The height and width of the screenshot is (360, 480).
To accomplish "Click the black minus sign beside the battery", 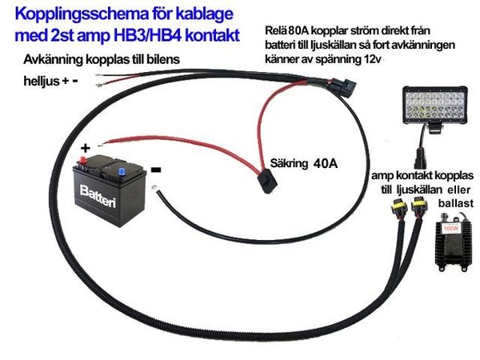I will [156, 170].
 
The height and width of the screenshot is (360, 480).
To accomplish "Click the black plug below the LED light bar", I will [421, 152].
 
